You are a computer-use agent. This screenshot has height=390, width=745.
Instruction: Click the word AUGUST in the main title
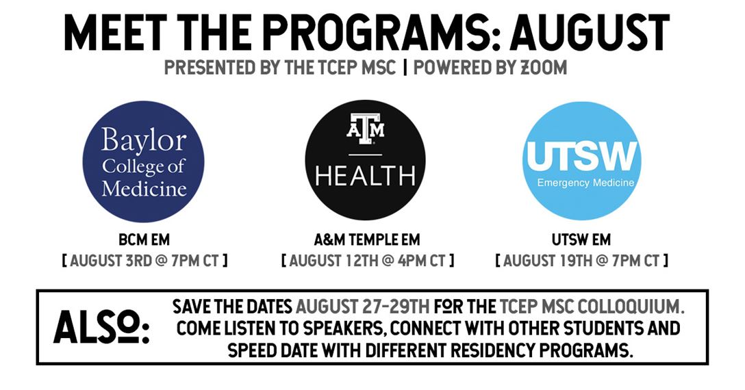590,32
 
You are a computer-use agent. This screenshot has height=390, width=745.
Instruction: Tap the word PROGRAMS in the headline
380,32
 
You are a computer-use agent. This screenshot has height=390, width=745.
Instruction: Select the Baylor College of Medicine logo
144,161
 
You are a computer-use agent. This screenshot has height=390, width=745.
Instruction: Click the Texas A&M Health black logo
365,160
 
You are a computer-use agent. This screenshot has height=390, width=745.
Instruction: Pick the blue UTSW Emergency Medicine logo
582,161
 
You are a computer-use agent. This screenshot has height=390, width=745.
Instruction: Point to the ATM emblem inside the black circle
365,128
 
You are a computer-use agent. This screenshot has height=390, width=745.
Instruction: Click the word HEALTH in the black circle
365,175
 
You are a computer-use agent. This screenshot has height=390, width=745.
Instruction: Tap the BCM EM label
144,240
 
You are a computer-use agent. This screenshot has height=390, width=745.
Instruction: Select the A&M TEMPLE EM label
367,240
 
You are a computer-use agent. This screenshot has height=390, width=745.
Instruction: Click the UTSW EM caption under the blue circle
581,240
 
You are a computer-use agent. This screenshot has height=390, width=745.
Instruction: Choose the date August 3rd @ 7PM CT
144,261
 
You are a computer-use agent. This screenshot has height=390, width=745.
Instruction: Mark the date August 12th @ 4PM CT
367,261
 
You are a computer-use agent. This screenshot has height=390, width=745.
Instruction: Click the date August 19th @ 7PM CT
581,261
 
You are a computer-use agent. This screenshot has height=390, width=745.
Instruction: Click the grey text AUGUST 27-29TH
362,307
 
